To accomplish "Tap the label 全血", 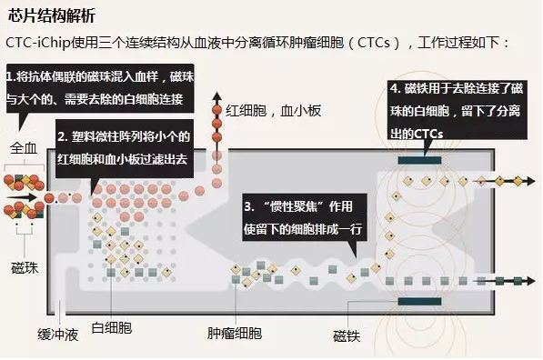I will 23,146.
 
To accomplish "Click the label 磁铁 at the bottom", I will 347,335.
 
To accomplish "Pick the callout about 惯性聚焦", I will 302,216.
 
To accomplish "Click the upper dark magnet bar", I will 419,160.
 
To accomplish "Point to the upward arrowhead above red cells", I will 216,94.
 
